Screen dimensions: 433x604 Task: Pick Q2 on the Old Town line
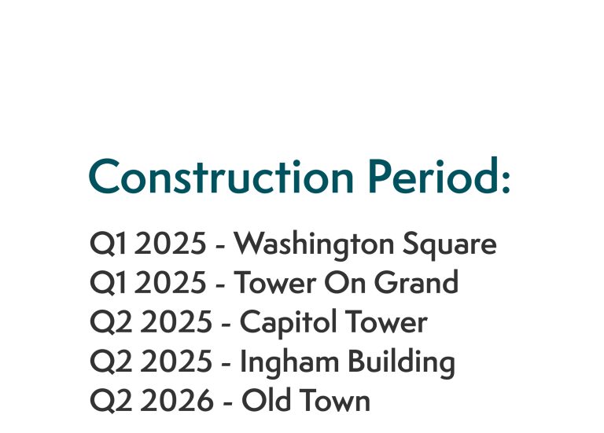click(x=109, y=401)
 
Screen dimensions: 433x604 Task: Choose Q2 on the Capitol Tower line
click(x=109, y=322)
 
